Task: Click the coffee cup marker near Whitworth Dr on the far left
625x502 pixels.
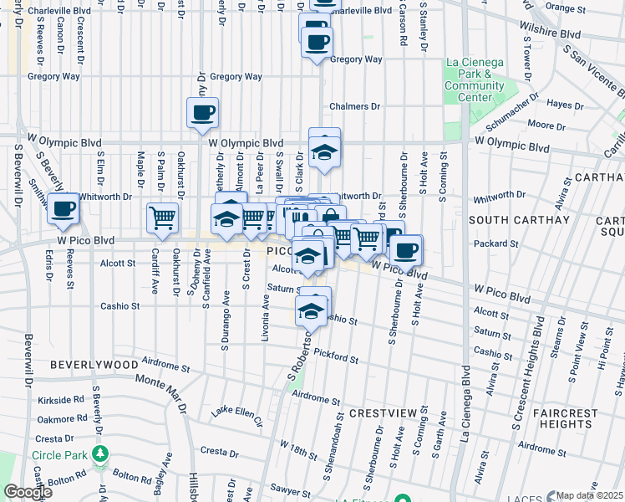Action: (63, 208)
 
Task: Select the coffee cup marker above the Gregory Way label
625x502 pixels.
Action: (316, 42)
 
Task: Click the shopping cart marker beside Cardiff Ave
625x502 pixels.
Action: (163, 218)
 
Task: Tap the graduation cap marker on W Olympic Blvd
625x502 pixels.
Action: (323, 151)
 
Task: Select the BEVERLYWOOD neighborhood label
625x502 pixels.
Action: (93, 366)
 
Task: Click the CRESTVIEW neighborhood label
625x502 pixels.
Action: (383, 413)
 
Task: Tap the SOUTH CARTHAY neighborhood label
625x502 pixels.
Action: (511, 220)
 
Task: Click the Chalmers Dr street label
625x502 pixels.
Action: (354, 107)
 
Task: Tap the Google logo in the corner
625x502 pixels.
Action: (28, 492)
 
